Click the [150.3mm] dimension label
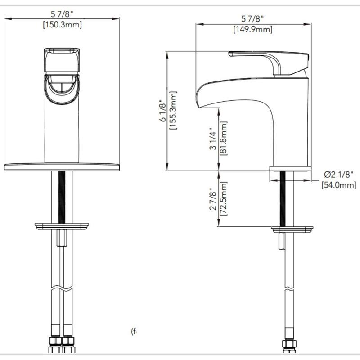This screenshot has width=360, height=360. coord(62,25)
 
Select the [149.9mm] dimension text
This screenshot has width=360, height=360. coord(253,30)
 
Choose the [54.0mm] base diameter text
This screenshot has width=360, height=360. coord(339,185)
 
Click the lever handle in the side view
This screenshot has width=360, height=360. coord(270,60)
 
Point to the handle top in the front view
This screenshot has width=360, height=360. coord(62,59)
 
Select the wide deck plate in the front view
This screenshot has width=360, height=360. coord(62,166)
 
